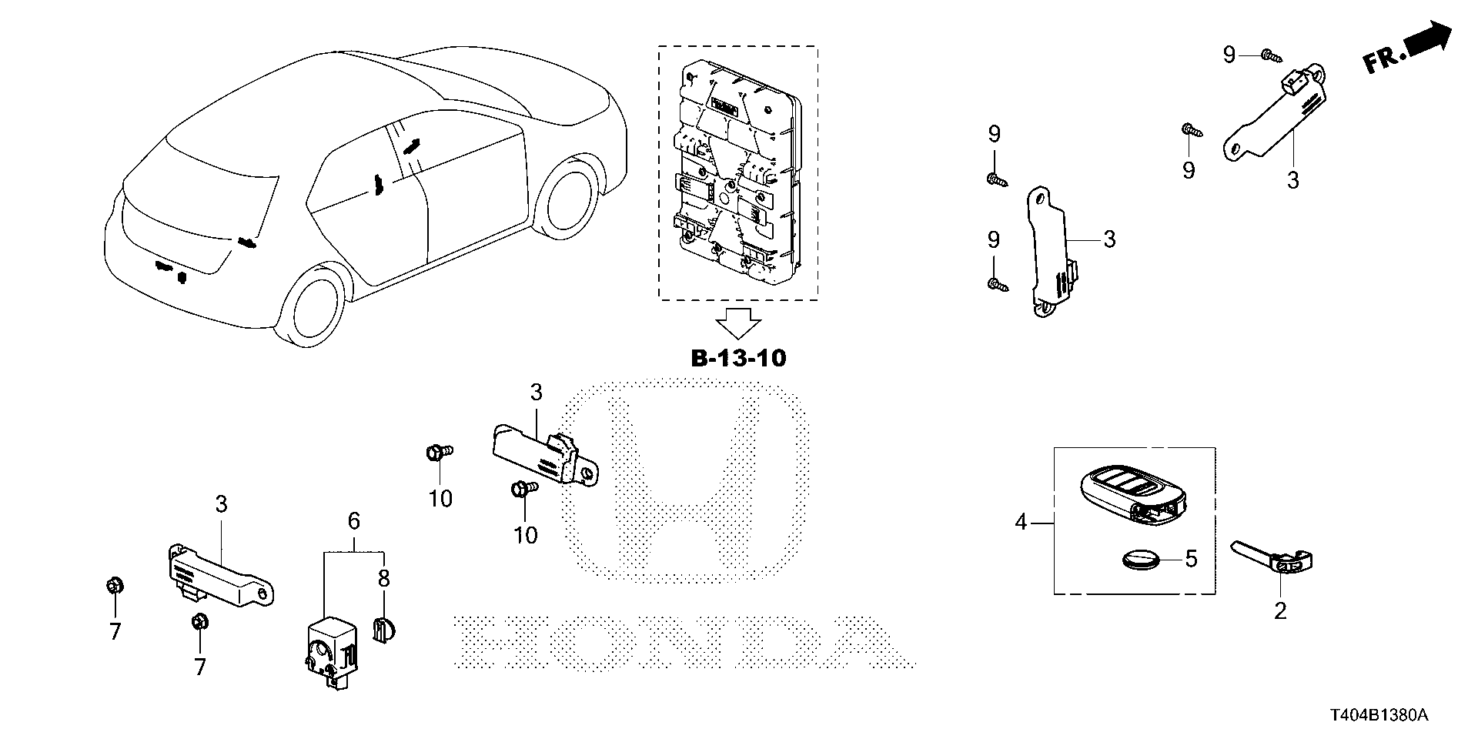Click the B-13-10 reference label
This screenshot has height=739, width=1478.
tap(737, 359)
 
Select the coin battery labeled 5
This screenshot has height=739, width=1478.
tap(1137, 558)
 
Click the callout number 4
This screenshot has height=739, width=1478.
tap(1021, 523)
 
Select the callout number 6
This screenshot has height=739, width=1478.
tap(353, 522)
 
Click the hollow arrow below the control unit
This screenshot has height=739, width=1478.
tap(737, 323)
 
